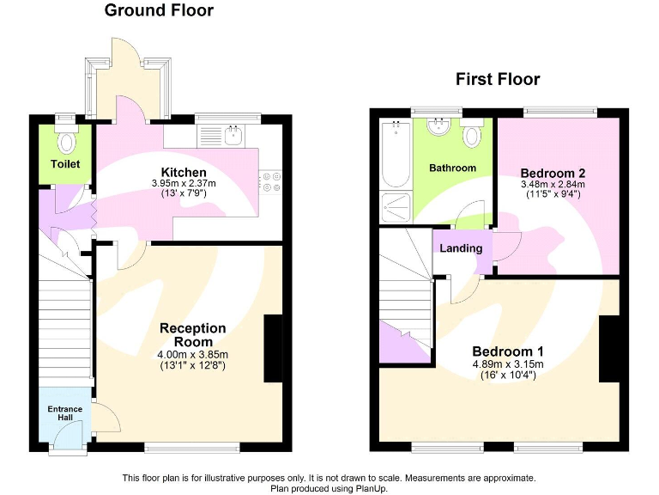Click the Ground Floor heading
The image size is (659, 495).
point(159,11)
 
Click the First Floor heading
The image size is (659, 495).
point(497,80)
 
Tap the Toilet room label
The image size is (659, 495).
point(65,163)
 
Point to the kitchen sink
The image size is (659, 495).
point(232,135)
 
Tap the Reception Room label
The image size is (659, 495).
point(192,335)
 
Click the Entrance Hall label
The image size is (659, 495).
point(65,413)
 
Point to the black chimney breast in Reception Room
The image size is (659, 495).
point(273,348)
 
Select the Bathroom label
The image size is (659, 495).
point(452,168)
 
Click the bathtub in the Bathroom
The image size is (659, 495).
point(395,155)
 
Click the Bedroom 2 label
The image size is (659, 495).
point(553,173)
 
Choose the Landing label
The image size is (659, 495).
point(461,248)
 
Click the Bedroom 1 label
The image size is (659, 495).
point(508,351)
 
